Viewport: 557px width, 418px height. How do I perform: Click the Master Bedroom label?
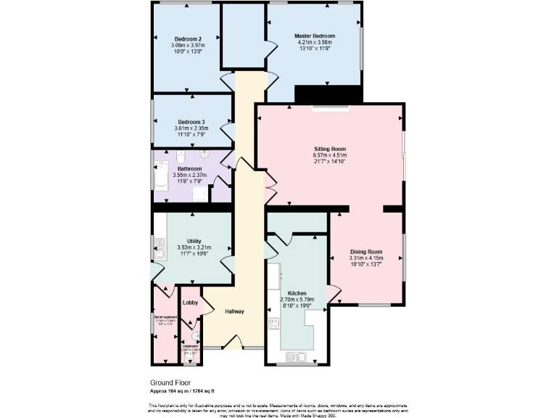pos(315,36)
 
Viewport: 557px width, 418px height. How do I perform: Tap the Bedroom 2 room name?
pos(188,38)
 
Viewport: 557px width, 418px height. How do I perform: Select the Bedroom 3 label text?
pos(191,122)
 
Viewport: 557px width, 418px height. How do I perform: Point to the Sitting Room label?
pos(329,148)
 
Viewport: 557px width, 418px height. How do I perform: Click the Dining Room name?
pos(365,252)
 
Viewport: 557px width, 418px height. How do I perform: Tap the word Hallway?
pos(234,311)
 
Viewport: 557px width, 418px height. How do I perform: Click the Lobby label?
pos(190,302)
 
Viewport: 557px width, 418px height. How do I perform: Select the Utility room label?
pos(194,241)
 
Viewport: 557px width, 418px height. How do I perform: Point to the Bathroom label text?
pos(189,168)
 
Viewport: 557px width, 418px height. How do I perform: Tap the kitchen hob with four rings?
pos(274,324)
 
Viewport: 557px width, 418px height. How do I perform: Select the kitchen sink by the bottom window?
pos(297,356)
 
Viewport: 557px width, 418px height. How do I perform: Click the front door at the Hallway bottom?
pos(234,345)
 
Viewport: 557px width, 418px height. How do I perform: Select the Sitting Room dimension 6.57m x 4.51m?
pos(329,155)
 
